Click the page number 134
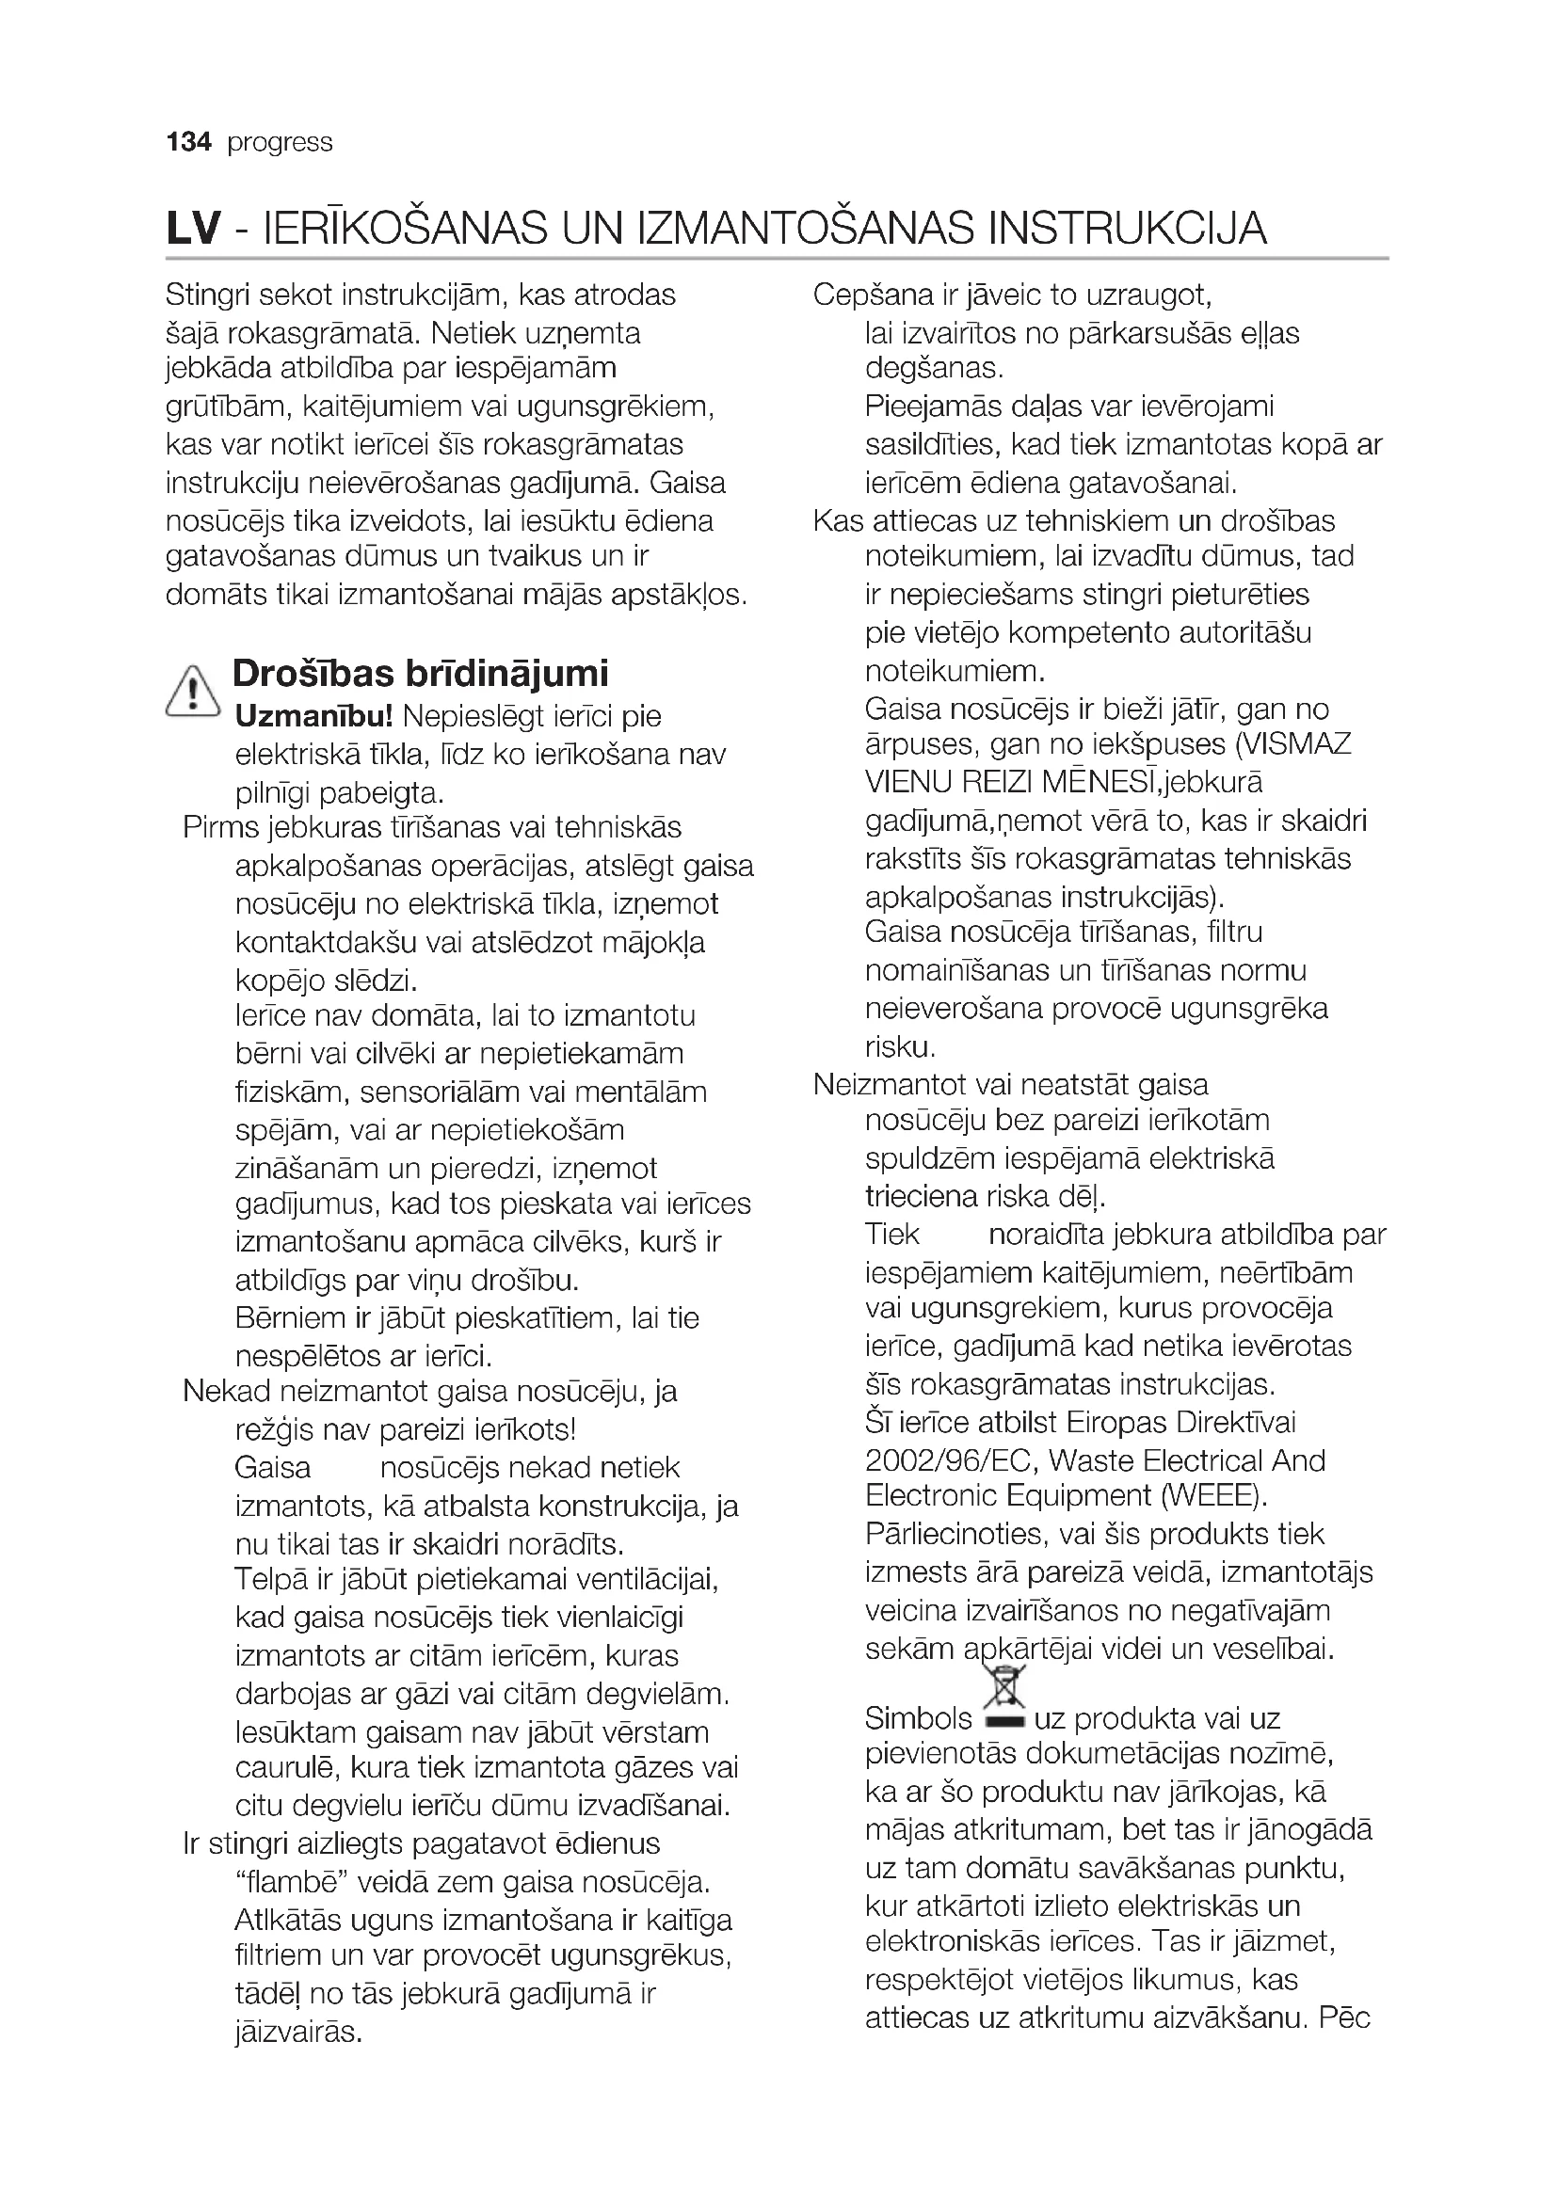188,142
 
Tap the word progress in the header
280,143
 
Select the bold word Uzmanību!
313,716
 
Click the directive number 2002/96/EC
949,1460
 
